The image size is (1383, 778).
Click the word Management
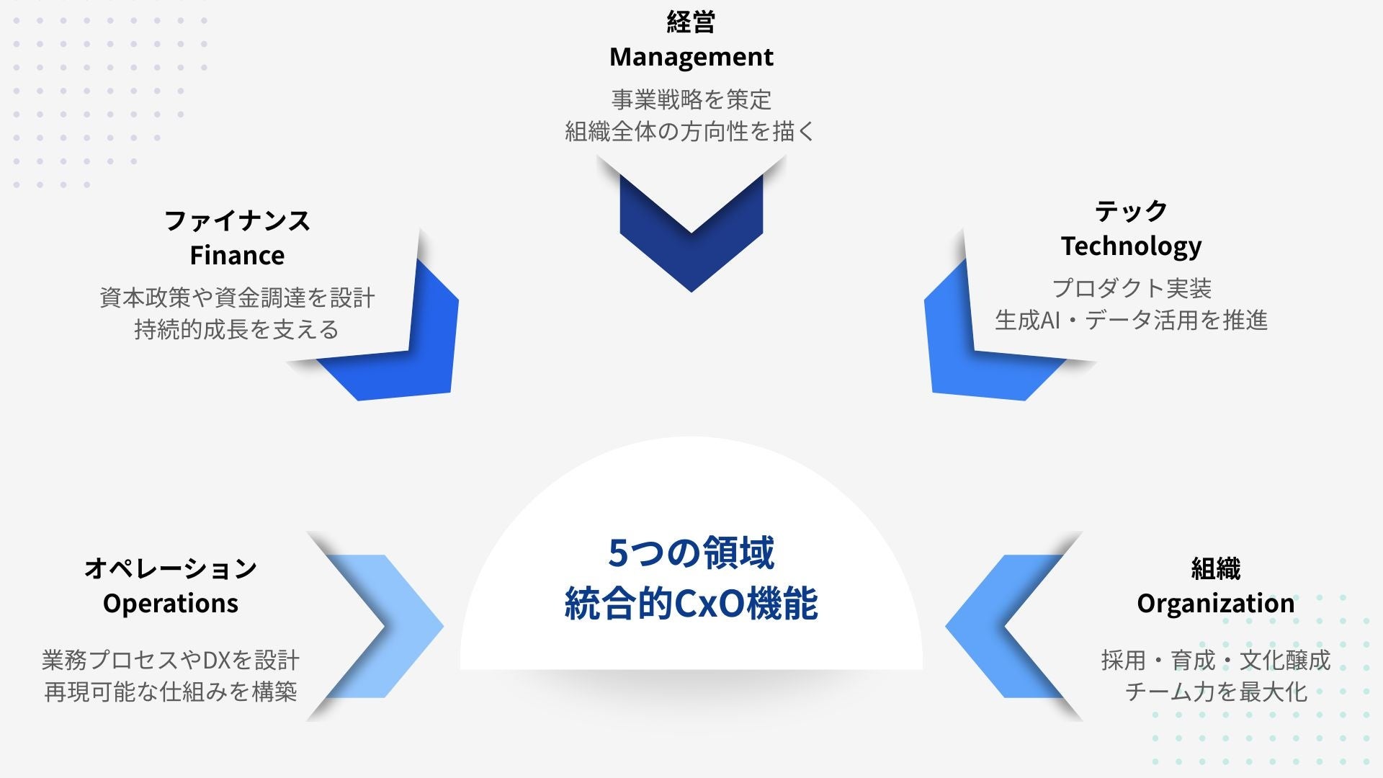click(691, 57)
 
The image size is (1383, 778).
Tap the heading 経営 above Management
click(691, 22)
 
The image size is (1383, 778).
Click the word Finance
click(237, 255)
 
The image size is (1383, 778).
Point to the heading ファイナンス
click(237, 220)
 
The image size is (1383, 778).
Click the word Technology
click(1131, 246)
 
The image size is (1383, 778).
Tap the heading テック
click(1131, 211)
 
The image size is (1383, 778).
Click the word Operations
click(171, 603)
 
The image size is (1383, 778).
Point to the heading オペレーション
click(171, 568)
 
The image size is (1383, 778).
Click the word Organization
click(1215, 603)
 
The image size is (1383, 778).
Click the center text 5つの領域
click(691, 553)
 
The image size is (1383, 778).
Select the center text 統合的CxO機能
click(691, 604)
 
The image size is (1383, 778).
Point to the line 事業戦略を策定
click(691, 99)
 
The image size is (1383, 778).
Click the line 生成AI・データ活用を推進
click(1131, 320)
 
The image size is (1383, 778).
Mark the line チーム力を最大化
click(1215, 692)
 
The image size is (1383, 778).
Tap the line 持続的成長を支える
click(237, 329)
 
